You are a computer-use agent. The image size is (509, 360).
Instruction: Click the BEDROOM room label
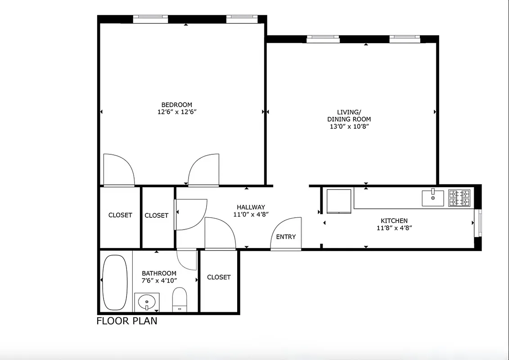pos(177,105)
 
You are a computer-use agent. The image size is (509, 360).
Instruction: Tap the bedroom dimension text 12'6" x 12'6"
pos(177,112)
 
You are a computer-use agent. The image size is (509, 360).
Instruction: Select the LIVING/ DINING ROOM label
pos(349,116)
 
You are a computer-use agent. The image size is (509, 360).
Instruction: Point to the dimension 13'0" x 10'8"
pos(349,126)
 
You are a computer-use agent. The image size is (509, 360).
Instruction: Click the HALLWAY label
pos(251,207)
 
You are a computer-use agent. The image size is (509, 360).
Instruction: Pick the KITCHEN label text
pos(394,220)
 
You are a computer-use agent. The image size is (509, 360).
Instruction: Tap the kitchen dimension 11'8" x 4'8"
pos(394,228)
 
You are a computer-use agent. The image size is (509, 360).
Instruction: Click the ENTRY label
pos(286,237)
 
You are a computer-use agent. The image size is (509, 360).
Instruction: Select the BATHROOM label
pos(159,273)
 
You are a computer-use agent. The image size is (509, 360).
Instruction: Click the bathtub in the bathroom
pos(115,282)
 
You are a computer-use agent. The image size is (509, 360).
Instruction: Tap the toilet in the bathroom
pos(180,299)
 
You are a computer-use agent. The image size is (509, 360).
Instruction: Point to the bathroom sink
pos(147,301)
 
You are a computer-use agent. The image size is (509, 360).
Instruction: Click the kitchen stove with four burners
pos(459,198)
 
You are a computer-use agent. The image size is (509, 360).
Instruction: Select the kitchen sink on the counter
pos(432,198)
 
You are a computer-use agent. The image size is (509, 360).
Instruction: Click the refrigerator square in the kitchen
pos(338,201)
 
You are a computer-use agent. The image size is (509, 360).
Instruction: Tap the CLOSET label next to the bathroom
pos(219,277)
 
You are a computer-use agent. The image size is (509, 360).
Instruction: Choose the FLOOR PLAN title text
pos(127,321)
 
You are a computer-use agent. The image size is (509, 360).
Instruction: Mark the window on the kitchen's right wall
pos(480,223)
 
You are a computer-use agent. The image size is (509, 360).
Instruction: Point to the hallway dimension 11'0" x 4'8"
pos(251,214)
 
